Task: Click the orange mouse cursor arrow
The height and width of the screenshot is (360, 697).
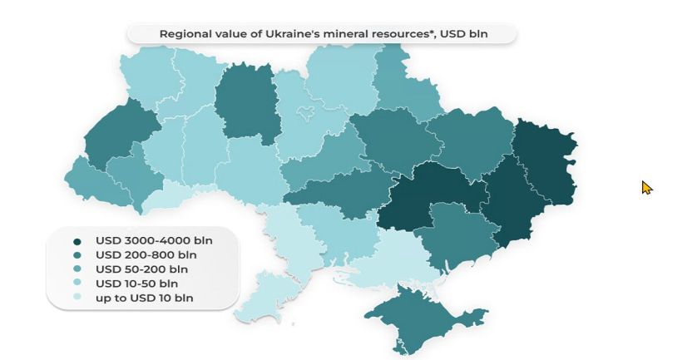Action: pyautogui.click(x=646, y=187)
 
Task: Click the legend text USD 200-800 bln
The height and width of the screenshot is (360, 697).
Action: pyautogui.click(x=146, y=254)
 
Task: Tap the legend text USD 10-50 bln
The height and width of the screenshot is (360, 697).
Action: pyautogui.click(x=136, y=283)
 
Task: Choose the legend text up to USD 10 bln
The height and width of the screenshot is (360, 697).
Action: pyautogui.click(x=144, y=297)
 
